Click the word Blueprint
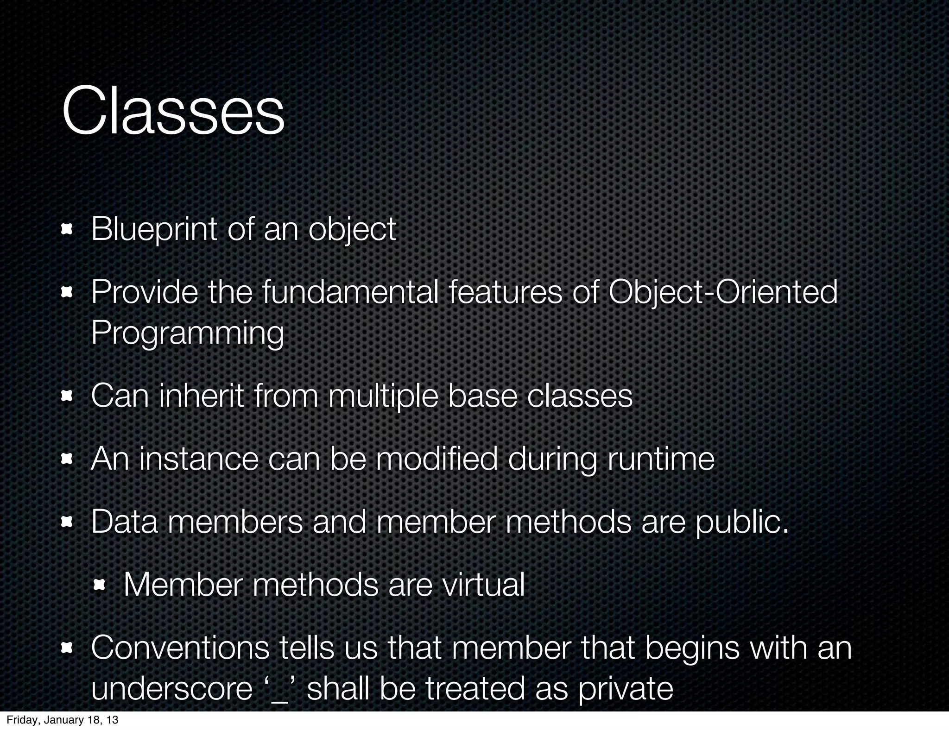click(153, 229)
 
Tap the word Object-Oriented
click(723, 292)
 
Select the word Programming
click(187, 334)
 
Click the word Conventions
click(180, 648)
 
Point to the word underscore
click(171, 689)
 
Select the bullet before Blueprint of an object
click(68, 229)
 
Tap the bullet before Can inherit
click(68, 396)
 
